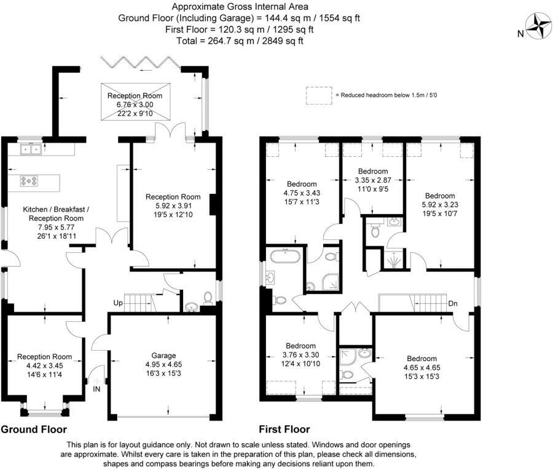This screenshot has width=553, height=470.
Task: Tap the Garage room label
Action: (x=163, y=356)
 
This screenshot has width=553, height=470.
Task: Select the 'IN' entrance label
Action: (x=96, y=389)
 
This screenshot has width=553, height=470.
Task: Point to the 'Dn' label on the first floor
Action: (x=452, y=303)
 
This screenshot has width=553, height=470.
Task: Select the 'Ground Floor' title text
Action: (x=34, y=429)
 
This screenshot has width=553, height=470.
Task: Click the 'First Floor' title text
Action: (x=284, y=429)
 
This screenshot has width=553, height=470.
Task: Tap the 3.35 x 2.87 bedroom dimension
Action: (x=373, y=180)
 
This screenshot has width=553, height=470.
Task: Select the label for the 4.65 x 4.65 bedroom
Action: (x=421, y=359)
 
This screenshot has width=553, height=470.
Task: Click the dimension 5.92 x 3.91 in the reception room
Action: (x=169, y=206)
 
